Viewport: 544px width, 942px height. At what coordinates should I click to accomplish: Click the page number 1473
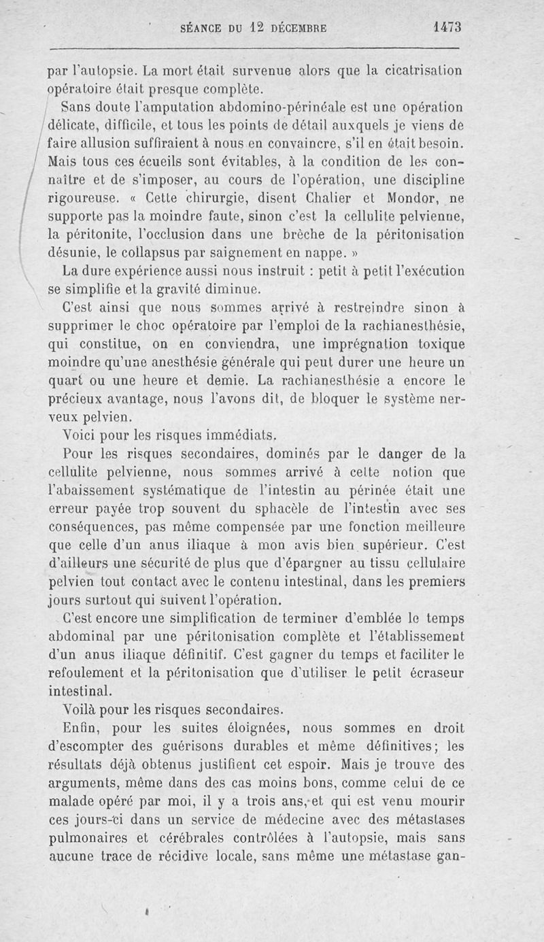pyautogui.click(x=447, y=28)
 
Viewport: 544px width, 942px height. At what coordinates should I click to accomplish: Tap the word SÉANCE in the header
pyautogui.click(x=200, y=29)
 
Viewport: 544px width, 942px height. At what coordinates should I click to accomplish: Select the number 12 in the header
pyautogui.click(x=254, y=28)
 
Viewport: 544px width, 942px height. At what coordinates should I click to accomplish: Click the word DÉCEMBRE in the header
pyautogui.click(x=299, y=29)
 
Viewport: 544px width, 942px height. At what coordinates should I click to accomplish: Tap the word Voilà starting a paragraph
pyautogui.click(x=79, y=709)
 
